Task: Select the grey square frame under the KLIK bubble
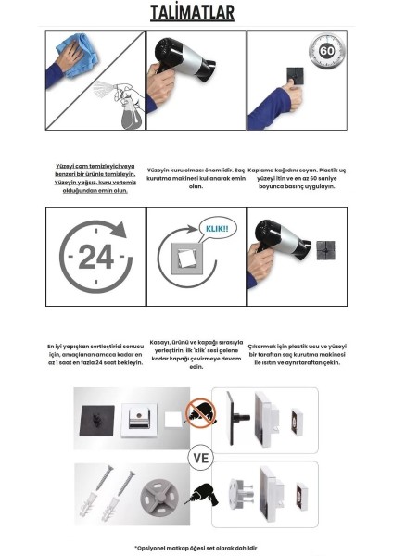[x=188, y=270]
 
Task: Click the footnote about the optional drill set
[x=196, y=547]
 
